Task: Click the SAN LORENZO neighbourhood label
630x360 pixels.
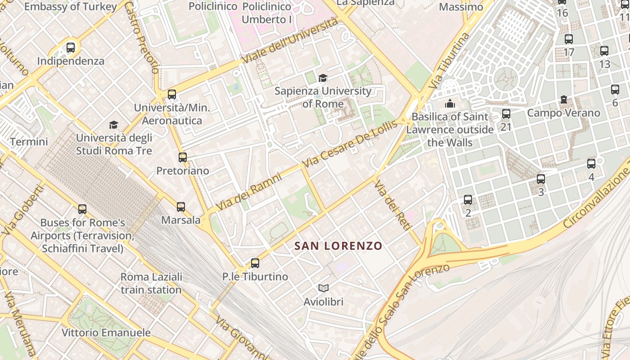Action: point(338,246)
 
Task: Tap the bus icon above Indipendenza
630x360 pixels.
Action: point(71,48)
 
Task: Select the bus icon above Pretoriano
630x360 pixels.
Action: point(182,157)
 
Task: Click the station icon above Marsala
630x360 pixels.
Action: point(181,207)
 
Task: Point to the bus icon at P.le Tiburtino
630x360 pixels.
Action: point(255,263)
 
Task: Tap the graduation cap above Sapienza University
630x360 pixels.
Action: point(323,78)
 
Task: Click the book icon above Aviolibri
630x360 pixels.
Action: point(323,288)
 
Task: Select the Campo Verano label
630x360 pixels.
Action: point(563,112)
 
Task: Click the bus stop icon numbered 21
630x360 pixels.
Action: point(506,114)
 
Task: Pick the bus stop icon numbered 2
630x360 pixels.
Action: point(468,200)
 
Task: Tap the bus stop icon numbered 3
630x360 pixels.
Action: point(541,179)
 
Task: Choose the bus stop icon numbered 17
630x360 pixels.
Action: point(569,39)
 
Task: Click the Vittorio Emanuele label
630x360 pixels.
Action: point(106,333)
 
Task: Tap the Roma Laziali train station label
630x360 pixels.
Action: point(151,283)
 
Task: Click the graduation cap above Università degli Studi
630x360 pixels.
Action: point(113,125)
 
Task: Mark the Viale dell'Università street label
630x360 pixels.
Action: point(289,40)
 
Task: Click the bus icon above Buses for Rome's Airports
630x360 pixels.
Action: point(82,209)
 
